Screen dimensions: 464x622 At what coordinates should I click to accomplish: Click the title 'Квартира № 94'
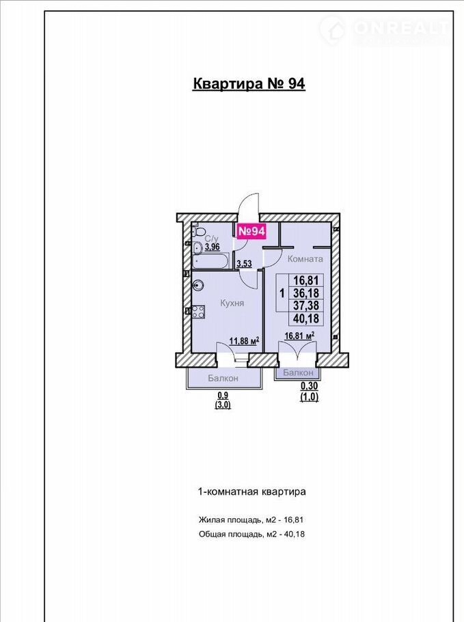[249, 83]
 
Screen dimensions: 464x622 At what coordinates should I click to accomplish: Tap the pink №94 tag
[251, 231]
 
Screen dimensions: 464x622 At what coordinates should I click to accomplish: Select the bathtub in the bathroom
[210, 261]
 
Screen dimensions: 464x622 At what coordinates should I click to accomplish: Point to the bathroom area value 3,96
[212, 247]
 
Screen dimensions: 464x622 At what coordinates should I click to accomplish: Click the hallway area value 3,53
[244, 263]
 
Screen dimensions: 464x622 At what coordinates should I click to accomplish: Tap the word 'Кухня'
[232, 303]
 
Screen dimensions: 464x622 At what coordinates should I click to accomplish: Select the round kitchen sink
[198, 285]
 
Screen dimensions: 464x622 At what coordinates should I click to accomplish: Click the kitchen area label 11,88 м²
[244, 341]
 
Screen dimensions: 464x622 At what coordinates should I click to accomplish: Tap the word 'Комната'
[305, 259]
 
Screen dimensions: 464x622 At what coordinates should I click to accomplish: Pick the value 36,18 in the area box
[306, 293]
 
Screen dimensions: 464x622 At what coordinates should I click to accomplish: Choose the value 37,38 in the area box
[306, 306]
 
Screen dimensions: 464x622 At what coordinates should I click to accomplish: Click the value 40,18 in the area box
[306, 318]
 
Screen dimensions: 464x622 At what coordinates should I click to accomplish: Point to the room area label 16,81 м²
[300, 336]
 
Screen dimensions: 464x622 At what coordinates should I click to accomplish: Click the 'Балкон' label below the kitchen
[223, 379]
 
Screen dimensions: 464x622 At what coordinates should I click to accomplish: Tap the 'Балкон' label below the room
[298, 373]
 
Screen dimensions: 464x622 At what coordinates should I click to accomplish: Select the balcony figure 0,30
[310, 386]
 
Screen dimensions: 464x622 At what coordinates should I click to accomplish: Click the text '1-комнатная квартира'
[251, 492]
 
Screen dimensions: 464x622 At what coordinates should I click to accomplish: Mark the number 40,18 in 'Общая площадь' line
[295, 534]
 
